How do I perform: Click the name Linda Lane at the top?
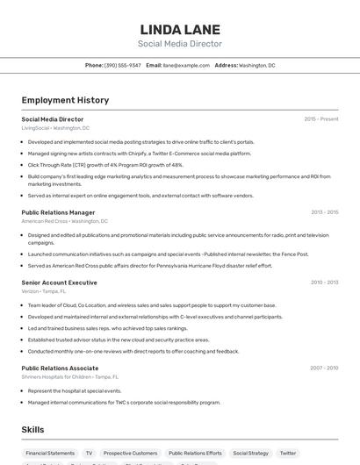[x=179, y=29]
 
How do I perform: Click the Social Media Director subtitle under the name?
[x=179, y=44]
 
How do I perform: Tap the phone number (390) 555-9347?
[x=122, y=65]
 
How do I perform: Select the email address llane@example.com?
[x=180, y=65]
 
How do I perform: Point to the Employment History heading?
[x=64, y=101]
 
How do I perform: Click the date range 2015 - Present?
[x=321, y=119]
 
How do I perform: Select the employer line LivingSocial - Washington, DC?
[x=55, y=128]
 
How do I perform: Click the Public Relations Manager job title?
[x=58, y=212]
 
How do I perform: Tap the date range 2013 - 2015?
[x=324, y=212]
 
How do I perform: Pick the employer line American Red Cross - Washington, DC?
[x=65, y=221]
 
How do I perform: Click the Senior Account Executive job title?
[x=59, y=283]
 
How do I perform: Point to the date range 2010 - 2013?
[x=324, y=283]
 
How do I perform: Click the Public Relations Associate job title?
[x=60, y=368]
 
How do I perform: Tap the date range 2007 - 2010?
[x=324, y=368]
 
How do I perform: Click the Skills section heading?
[x=33, y=429]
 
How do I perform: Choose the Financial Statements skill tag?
[x=50, y=454]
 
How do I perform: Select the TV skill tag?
[x=89, y=454]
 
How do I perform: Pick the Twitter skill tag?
[x=288, y=454]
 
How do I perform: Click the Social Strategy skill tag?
[x=251, y=454]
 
